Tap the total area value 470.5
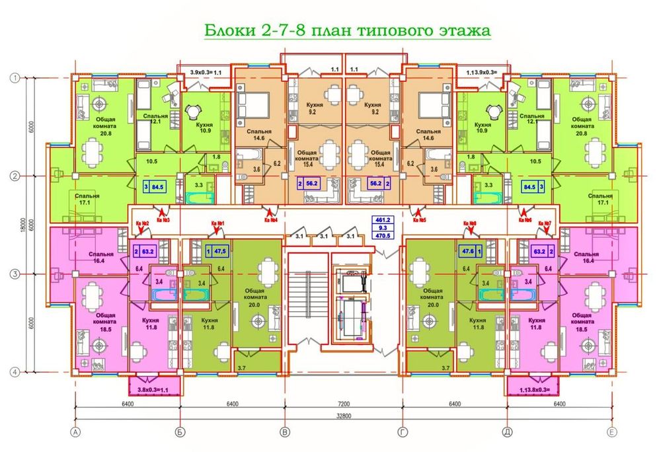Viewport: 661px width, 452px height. click(383, 233)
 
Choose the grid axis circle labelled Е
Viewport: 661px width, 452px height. click(612, 433)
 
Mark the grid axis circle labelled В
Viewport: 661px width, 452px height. click(285, 433)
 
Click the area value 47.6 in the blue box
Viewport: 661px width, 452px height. click(469, 251)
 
